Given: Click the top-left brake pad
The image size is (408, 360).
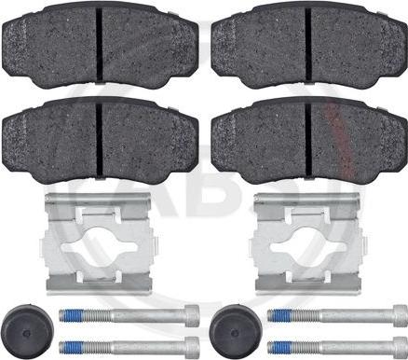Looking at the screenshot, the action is click(x=100, y=44).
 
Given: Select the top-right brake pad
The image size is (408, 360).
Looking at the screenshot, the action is click(x=309, y=46).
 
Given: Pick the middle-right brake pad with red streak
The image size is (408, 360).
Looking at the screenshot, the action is click(x=309, y=140).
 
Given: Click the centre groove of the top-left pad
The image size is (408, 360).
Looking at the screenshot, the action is click(x=99, y=44).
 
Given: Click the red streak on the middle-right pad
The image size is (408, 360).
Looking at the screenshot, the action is click(x=339, y=141).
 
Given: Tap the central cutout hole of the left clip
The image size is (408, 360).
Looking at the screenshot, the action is click(x=99, y=245).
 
